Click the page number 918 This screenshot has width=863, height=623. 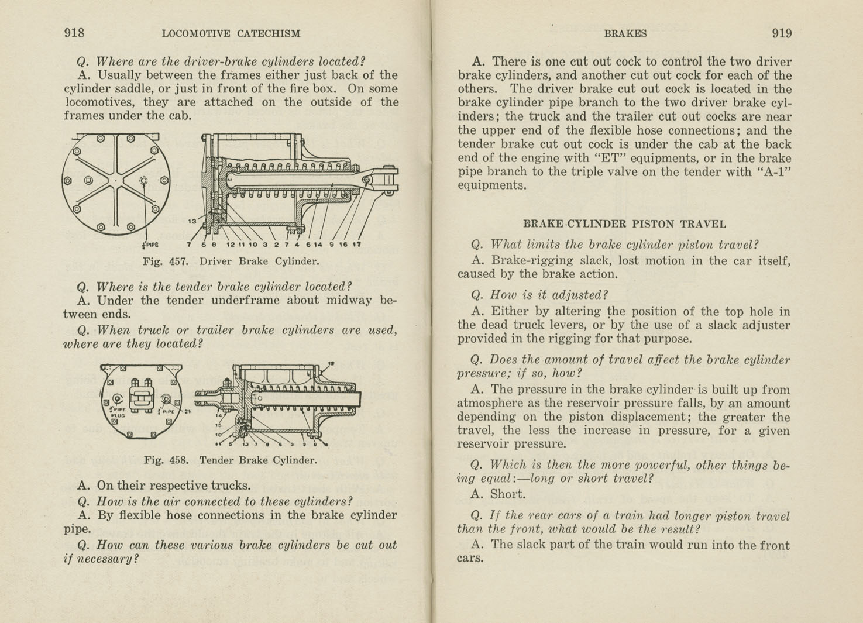(74, 33)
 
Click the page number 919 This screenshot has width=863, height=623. (782, 33)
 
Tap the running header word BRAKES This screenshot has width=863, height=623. (625, 34)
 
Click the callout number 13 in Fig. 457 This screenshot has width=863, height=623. (192, 221)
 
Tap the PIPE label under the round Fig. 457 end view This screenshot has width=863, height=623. (150, 245)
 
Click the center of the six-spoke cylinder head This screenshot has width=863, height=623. (116, 181)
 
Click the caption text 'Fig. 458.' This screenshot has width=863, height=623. (166, 460)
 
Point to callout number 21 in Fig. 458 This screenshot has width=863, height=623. (188, 411)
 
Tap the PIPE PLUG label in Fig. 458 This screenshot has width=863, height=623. (118, 412)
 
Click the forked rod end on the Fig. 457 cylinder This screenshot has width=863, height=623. (386, 177)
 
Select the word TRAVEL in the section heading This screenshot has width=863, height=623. (705, 224)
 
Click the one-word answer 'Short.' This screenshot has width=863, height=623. (508, 494)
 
